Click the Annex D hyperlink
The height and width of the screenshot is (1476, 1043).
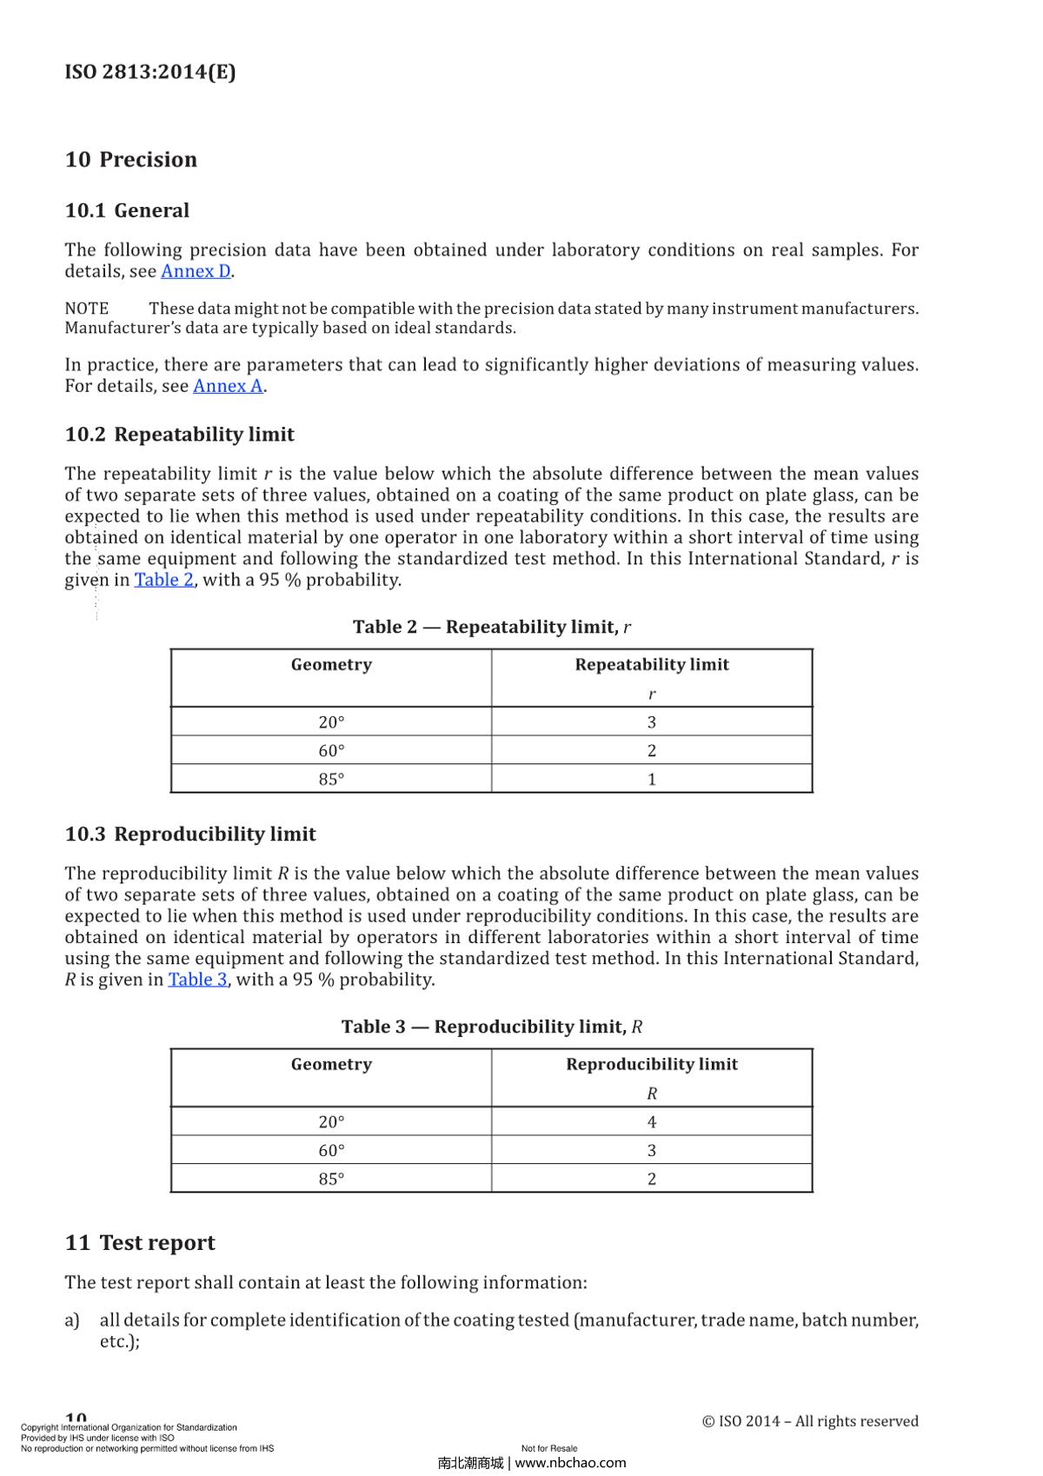(x=196, y=271)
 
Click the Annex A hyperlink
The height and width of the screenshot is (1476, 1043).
(x=228, y=386)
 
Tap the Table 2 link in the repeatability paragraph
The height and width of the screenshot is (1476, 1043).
(x=163, y=580)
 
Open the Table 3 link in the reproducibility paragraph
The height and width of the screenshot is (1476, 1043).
(x=197, y=980)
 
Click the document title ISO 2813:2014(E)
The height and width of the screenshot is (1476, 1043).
(x=150, y=71)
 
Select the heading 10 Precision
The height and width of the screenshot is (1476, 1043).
(x=131, y=159)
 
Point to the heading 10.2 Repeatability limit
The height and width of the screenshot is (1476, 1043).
(x=180, y=435)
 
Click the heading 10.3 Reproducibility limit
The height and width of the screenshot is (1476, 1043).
(x=190, y=834)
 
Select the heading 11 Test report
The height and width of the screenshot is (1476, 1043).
(x=140, y=1243)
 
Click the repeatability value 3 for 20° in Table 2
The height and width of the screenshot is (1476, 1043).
(x=651, y=722)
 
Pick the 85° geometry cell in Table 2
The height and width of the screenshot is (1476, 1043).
(x=331, y=780)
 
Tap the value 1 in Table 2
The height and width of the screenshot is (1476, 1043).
(x=651, y=780)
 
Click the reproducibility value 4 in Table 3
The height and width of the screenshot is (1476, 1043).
(x=651, y=1122)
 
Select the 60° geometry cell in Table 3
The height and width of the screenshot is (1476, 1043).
(x=331, y=1151)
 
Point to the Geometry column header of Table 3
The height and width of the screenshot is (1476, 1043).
(x=331, y=1065)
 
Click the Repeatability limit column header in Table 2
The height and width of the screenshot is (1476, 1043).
(x=652, y=665)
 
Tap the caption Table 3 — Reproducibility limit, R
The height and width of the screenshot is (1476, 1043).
(x=491, y=1027)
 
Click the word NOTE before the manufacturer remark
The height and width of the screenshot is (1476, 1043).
(x=87, y=309)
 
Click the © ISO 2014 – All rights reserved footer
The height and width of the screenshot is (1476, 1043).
(x=809, y=1421)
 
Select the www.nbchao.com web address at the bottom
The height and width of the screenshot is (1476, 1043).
(x=570, y=1463)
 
